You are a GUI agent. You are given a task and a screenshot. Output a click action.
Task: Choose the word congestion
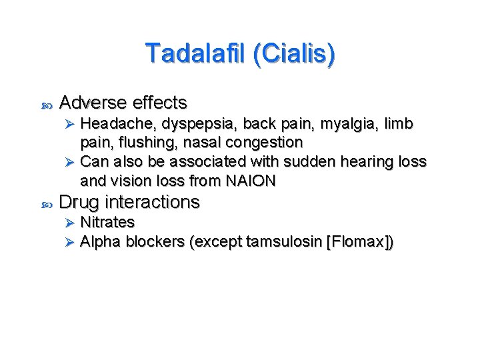[x=265, y=143]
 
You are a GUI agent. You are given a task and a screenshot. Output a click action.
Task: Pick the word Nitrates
[x=107, y=222]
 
